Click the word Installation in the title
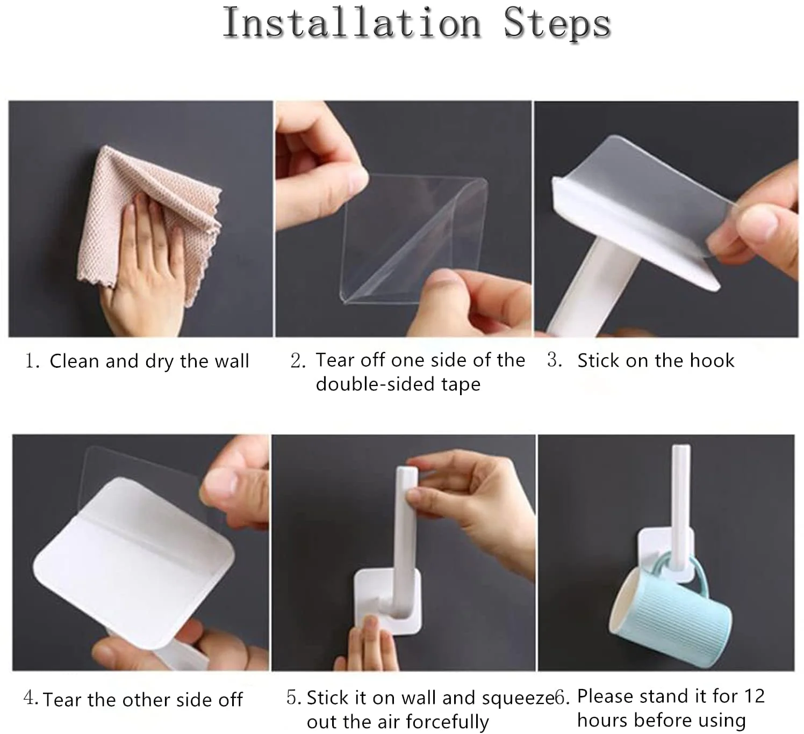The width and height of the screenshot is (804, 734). point(351,23)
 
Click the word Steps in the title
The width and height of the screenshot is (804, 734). point(557,23)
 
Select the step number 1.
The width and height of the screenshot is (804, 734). point(31,361)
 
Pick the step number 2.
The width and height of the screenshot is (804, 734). point(297,360)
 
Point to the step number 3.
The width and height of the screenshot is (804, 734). point(554,360)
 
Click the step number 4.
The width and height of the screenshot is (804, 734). point(30,698)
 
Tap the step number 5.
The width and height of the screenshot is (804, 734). point(293,697)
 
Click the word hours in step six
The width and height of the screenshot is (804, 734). point(600,720)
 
